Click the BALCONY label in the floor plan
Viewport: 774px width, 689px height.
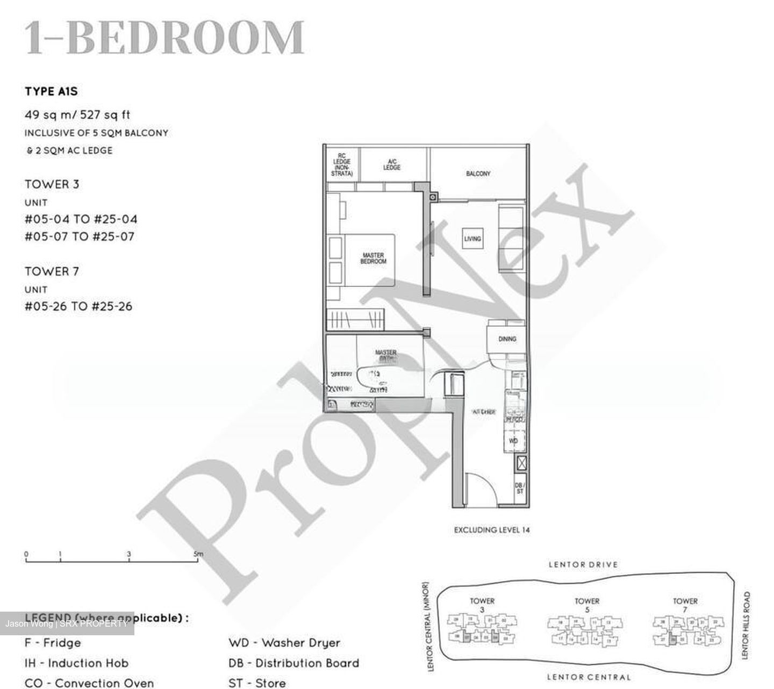[x=478, y=174]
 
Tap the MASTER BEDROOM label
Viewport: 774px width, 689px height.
[x=373, y=259]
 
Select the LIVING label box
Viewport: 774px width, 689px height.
[x=472, y=238]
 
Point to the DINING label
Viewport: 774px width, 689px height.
[x=507, y=339]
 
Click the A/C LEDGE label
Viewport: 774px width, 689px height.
[x=392, y=164]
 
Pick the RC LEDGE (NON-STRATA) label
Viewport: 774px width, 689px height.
[x=342, y=164]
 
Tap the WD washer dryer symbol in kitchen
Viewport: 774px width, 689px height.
[x=513, y=441]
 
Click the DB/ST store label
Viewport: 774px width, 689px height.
[x=520, y=488]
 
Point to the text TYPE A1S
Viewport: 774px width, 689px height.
[x=51, y=91]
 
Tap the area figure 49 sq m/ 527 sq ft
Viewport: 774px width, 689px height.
[x=77, y=114]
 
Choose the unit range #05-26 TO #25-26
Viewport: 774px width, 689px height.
[x=78, y=306]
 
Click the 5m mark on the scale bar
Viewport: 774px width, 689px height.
[x=199, y=554]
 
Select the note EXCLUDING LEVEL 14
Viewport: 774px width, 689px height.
[x=492, y=530]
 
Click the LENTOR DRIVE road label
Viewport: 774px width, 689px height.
[x=583, y=564]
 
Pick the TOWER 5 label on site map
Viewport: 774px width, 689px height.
[x=587, y=605]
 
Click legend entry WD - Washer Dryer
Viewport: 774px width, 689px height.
[x=284, y=643]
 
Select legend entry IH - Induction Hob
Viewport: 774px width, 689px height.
[x=76, y=663]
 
